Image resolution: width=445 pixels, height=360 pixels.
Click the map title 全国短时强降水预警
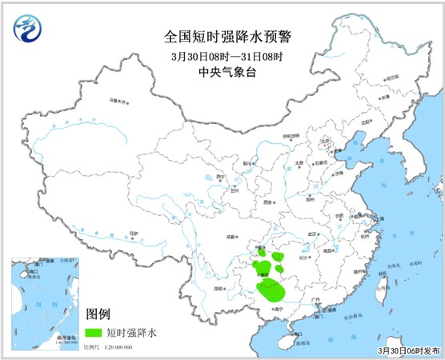coord(222,37)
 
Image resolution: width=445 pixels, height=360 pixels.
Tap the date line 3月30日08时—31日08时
coord(222,56)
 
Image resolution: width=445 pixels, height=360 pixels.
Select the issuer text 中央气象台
coord(222,73)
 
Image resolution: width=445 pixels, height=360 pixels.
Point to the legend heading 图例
coord(98,313)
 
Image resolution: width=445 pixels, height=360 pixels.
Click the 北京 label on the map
coord(325,141)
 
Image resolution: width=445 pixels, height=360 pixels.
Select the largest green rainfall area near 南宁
coord(273,289)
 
